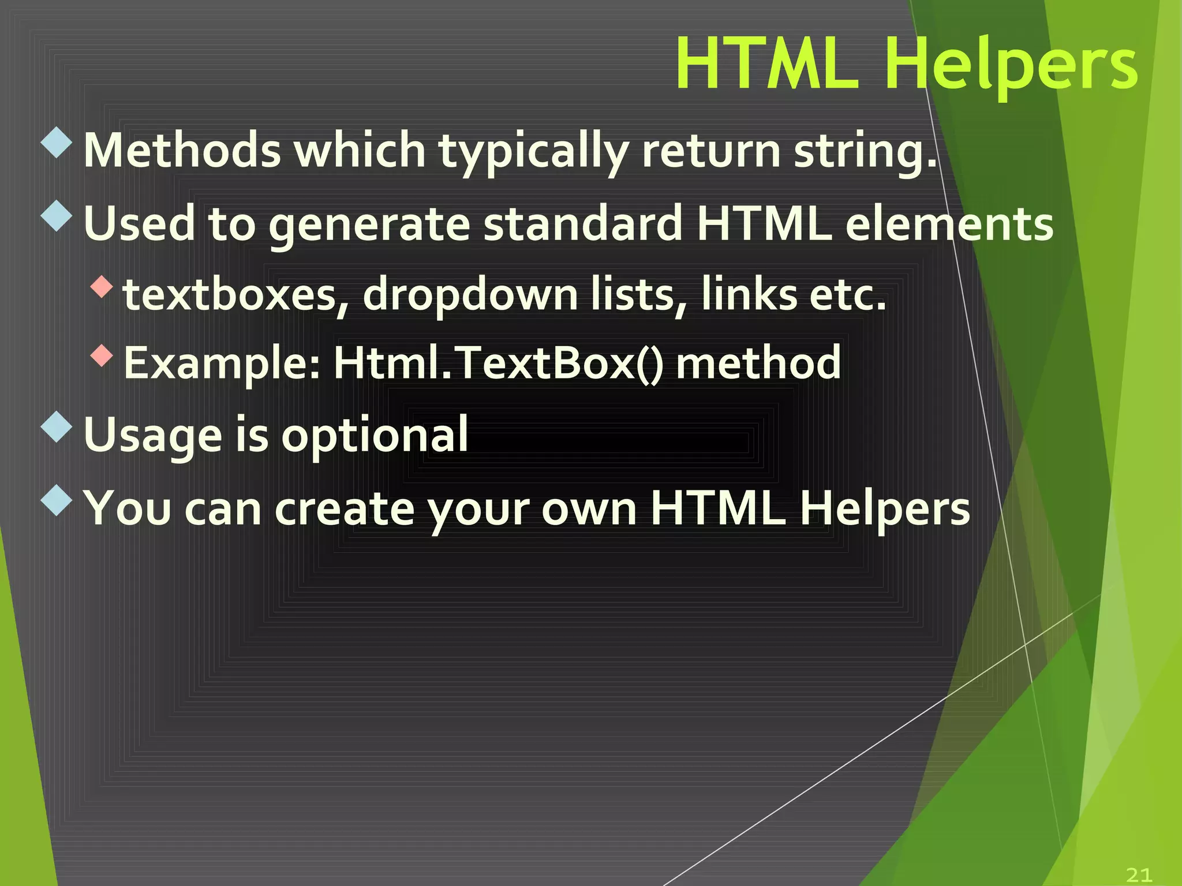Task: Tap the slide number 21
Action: (1139, 874)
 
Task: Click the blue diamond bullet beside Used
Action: (57, 216)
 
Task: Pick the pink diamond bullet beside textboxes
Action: (102, 287)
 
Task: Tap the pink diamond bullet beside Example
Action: (102, 355)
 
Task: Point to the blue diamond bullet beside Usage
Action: (57, 427)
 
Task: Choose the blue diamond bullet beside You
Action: (57, 500)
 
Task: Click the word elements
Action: (949, 224)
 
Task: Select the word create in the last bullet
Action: (345, 508)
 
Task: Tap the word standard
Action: (583, 224)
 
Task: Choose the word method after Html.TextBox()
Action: (758, 363)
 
